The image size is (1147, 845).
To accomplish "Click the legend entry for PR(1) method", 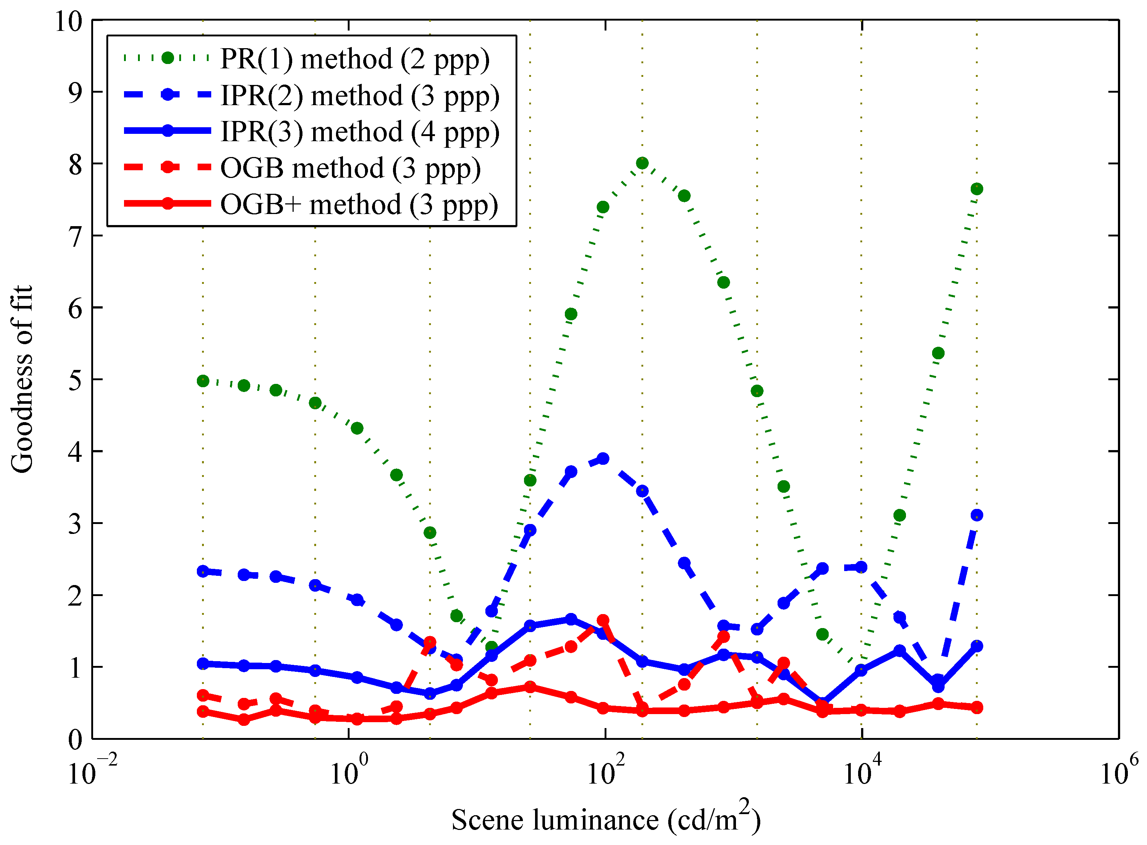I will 354,59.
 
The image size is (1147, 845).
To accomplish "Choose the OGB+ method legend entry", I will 359,204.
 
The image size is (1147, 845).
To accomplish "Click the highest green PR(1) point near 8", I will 642,163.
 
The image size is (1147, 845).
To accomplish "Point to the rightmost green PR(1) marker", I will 977,189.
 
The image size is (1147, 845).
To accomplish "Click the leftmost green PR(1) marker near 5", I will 203,381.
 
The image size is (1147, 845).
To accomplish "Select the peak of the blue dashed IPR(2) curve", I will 603,458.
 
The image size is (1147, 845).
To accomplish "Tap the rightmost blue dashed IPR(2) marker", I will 977,515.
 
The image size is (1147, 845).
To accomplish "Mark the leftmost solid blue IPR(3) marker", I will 203,663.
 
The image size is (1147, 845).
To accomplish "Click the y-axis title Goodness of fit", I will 21,379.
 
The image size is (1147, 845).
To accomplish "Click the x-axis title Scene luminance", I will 605,819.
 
